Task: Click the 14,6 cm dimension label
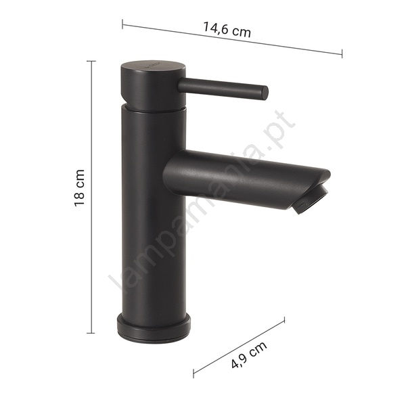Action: click(227, 30)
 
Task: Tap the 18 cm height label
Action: click(79, 187)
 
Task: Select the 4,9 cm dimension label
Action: click(248, 355)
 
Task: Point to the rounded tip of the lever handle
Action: click(265, 93)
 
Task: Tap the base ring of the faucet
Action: click(154, 328)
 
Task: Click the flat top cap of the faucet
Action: click(154, 66)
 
